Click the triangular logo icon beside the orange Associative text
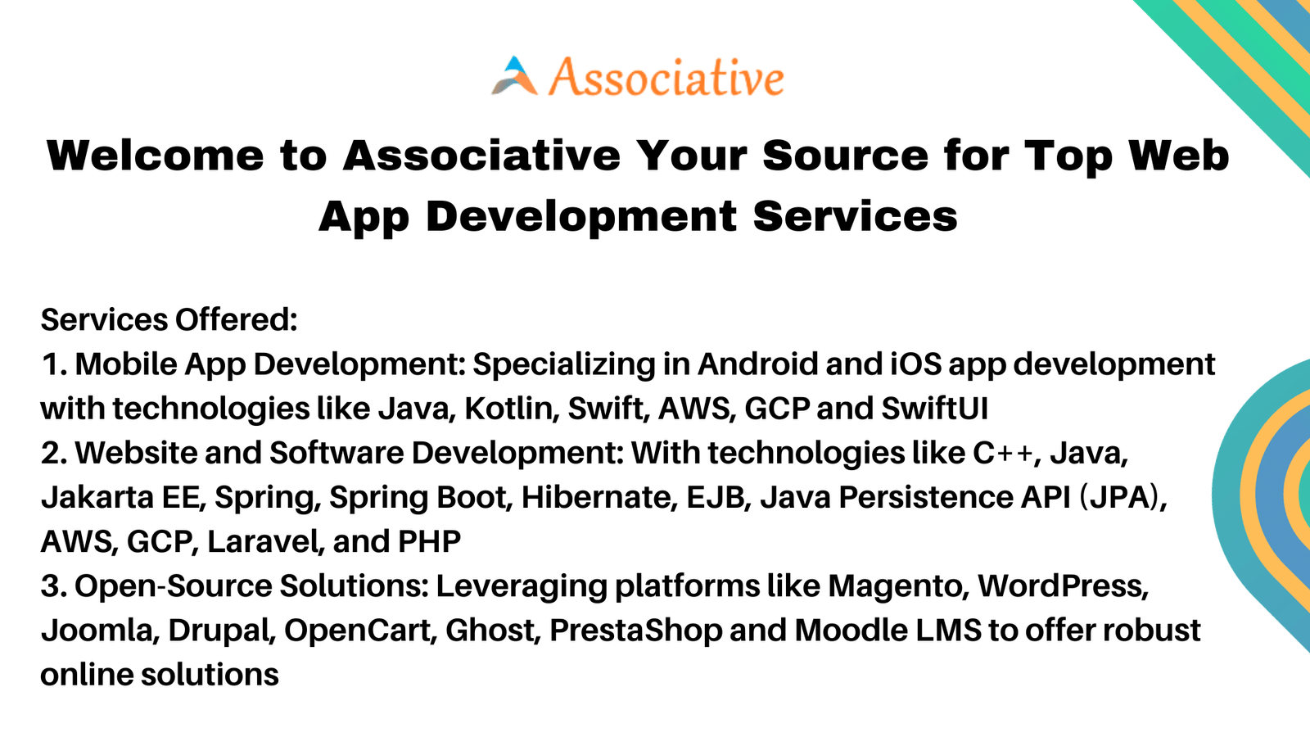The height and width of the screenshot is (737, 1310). tap(515, 76)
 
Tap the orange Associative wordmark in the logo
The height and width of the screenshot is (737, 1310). tap(666, 77)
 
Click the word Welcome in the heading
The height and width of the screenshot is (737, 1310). tap(156, 156)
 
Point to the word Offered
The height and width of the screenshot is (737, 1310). tap(237, 320)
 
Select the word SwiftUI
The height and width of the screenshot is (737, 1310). tap(934, 409)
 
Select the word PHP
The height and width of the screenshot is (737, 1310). tap(429, 541)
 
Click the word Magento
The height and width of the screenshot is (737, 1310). tap(896, 586)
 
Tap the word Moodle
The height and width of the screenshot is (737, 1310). tap(851, 631)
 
